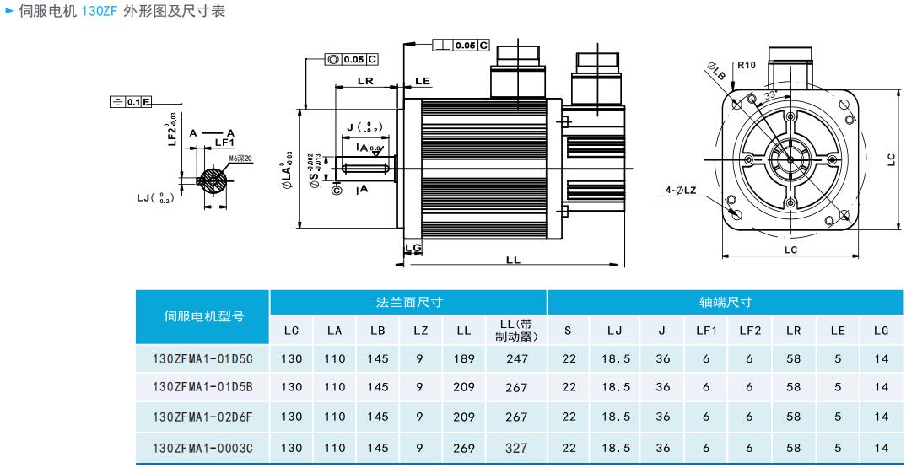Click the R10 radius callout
pyautogui.click(x=747, y=65)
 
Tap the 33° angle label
pyautogui.click(x=769, y=97)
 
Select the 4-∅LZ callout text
pyautogui.click(x=680, y=191)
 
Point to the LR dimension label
pyautogui.click(x=365, y=81)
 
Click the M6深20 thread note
pyautogui.click(x=240, y=158)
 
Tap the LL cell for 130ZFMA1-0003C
pyautogui.click(x=464, y=449)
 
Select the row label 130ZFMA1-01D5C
pyautogui.click(x=202, y=358)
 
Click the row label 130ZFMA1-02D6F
pyautogui.click(x=202, y=417)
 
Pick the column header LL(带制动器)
pyautogui.click(x=516, y=331)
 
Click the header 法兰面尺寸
pyautogui.click(x=409, y=302)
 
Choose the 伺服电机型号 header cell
pyautogui.click(x=203, y=316)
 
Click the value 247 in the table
pyautogui.click(x=516, y=358)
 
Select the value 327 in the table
pyautogui.click(x=516, y=449)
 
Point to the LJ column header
pyautogui.click(x=615, y=331)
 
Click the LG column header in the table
pyautogui.click(x=882, y=331)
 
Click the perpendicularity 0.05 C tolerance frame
pyautogui.click(x=461, y=46)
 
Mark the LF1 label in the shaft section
pyautogui.click(x=224, y=143)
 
